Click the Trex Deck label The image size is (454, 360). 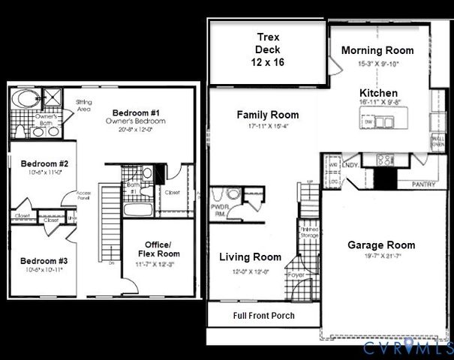(268, 49)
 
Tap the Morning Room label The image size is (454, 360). (377, 50)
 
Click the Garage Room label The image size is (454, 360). (380, 245)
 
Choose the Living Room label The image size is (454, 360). (250, 257)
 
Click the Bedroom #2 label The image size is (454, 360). (44, 163)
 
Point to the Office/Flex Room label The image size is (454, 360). (158, 249)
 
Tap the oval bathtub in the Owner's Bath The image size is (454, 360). (26, 98)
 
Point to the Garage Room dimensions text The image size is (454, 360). (380, 256)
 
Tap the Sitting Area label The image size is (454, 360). (84, 104)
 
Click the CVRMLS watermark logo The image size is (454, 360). (406, 347)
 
